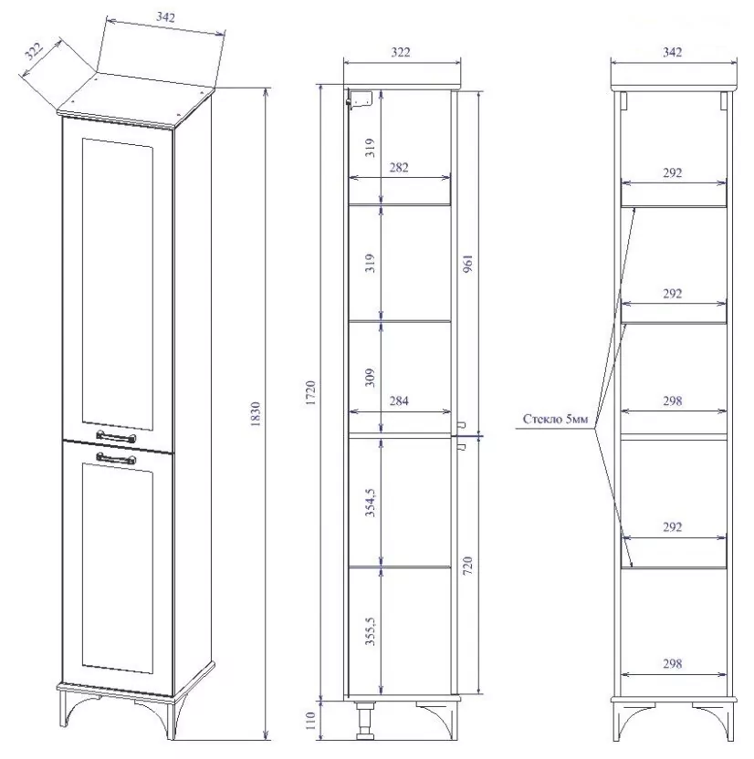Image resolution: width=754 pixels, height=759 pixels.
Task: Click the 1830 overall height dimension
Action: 256,414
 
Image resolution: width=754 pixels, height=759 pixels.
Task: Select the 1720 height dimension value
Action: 311,393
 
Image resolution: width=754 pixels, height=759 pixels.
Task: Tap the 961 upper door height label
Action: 467,263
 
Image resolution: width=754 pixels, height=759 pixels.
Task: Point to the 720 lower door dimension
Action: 467,566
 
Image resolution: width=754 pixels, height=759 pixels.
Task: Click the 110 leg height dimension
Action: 311,721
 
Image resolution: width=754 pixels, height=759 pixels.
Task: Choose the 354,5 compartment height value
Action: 371,503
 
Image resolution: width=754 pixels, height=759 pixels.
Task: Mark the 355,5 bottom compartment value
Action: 371,630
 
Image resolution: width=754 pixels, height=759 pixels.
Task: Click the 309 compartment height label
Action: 371,378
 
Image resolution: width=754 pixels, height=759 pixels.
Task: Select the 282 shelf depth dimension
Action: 399,168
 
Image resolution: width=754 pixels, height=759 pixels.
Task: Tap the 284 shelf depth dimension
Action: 399,400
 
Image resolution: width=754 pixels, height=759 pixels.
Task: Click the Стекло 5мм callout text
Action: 555,420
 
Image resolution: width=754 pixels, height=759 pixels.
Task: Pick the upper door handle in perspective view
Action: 116,437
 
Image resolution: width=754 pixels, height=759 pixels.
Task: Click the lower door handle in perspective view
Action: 116,458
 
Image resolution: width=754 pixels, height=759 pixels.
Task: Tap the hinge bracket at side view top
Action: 360,99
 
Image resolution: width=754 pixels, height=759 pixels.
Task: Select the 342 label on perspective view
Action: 165,17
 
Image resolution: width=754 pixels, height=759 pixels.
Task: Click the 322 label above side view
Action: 401,52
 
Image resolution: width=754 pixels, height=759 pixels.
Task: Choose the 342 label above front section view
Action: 673,52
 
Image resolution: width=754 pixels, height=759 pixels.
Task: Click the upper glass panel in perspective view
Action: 118,284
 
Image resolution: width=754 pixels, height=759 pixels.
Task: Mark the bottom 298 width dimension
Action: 673,664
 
